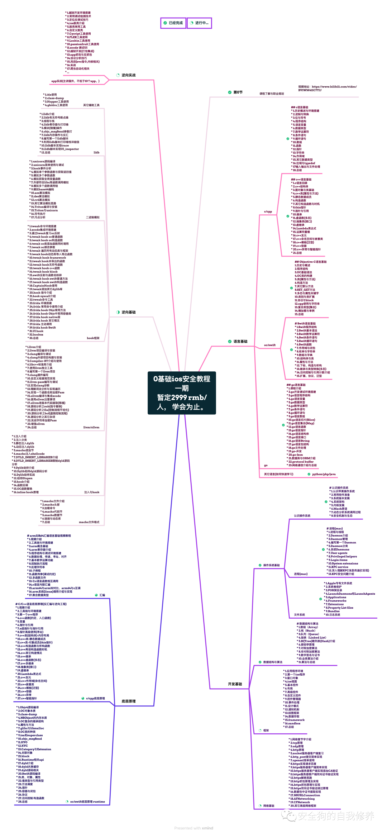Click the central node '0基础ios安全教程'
coord(182,393)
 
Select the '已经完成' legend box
coord(173,23)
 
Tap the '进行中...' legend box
coord(199,23)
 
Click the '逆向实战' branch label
coord(128,75)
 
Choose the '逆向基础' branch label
coord(128,312)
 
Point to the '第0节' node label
coord(238,92)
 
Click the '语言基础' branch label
coord(240,342)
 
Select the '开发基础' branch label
coord(235,684)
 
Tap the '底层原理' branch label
coord(129,701)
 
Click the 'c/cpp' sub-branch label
coord(268,212)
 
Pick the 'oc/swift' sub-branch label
coord(270,345)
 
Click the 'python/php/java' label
coord(324,474)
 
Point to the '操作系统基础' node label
coord(271,565)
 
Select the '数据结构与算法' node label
coord(273,662)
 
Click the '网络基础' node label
coord(269,805)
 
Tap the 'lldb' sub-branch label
coord(96,153)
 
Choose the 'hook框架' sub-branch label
coord(93,338)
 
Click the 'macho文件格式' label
coord(89,522)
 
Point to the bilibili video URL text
coord(327,88)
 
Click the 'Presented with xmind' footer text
coord(193,828)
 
